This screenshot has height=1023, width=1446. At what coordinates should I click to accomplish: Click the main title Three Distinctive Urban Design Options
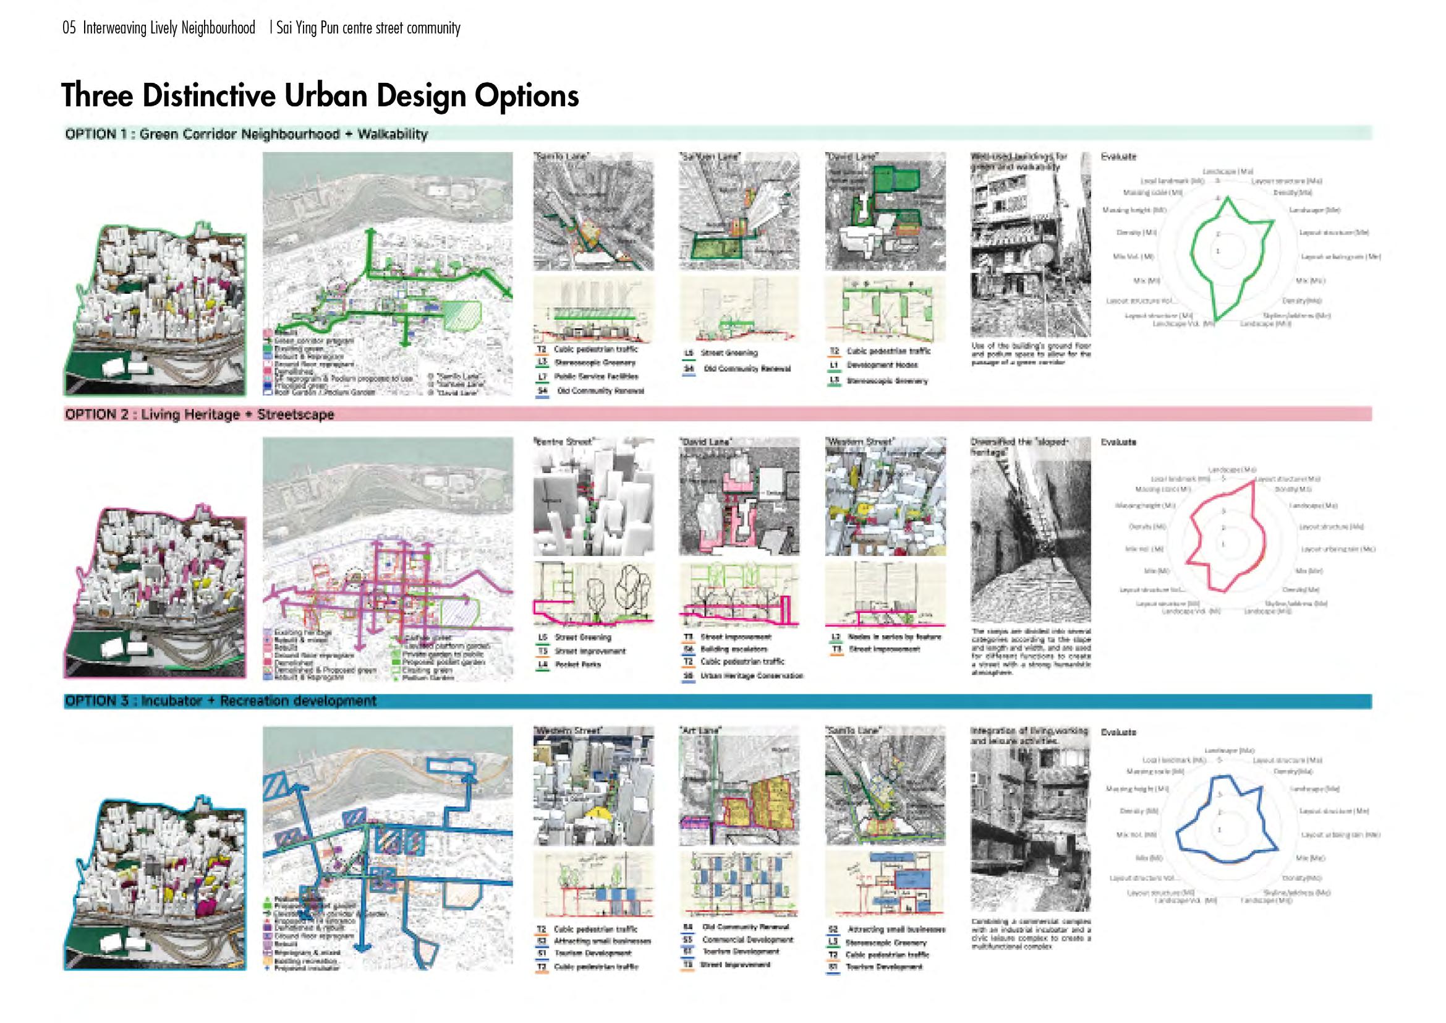click(320, 96)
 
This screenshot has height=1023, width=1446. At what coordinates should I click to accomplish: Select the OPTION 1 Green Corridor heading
click(246, 134)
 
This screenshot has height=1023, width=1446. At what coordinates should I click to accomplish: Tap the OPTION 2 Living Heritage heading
click(200, 414)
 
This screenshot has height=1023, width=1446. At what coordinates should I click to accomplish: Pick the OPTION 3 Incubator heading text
click(221, 701)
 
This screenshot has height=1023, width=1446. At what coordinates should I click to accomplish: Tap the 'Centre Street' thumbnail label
click(564, 442)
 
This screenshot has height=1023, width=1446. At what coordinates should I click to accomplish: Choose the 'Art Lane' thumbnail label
click(700, 730)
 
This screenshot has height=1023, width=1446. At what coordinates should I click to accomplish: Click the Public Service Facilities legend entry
click(596, 377)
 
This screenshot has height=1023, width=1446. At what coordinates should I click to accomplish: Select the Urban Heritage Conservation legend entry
click(751, 676)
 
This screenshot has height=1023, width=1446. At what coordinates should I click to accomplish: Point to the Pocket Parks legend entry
click(577, 664)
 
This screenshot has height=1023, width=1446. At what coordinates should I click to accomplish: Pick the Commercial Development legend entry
click(747, 940)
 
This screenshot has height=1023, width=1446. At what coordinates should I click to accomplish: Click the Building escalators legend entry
click(734, 649)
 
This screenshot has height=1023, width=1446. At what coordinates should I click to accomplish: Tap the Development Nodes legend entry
click(882, 365)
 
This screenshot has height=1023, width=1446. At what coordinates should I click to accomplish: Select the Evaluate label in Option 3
click(1118, 732)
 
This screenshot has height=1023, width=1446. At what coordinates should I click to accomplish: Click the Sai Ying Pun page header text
click(368, 28)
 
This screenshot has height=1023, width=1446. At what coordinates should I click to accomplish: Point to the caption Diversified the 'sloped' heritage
click(1018, 447)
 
